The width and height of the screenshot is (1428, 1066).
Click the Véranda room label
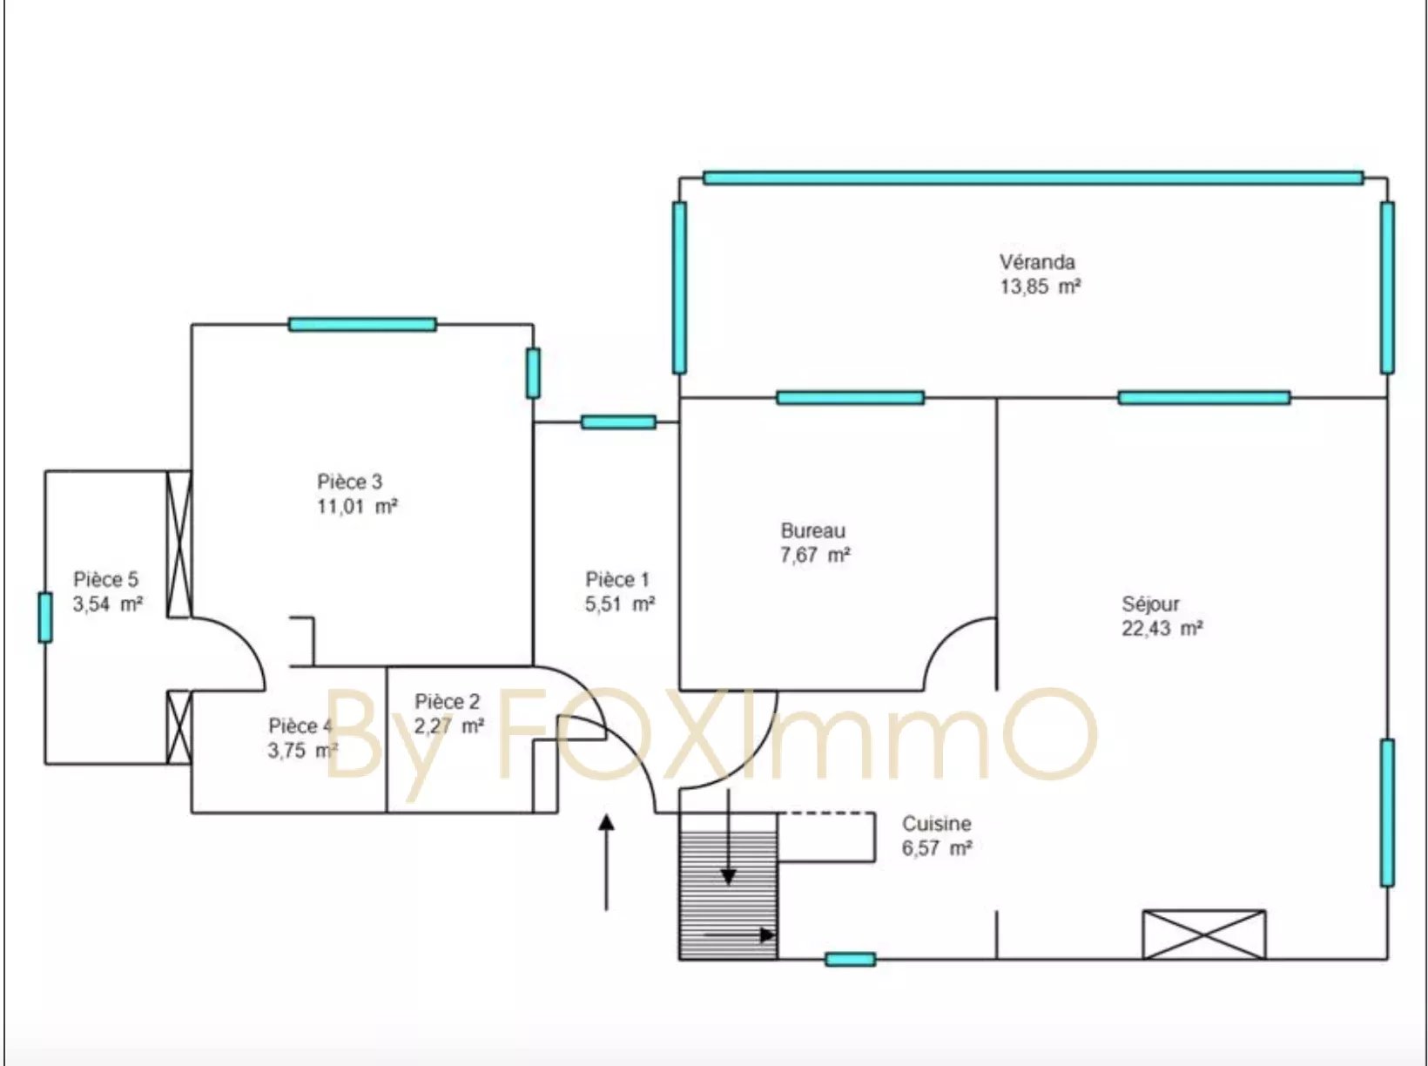click(1037, 262)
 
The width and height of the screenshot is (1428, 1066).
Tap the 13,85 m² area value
click(1041, 287)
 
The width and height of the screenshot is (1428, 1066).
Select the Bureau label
click(812, 530)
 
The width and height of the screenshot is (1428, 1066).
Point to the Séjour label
click(1150, 604)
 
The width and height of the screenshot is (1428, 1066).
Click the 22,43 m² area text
click(1162, 628)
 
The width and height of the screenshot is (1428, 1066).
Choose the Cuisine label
click(936, 824)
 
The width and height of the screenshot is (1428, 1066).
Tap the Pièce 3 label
click(349, 482)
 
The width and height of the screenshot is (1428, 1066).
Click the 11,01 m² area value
click(357, 506)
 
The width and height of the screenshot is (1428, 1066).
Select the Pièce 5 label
click(105, 579)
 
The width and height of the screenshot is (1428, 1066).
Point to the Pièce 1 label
click(617, 579)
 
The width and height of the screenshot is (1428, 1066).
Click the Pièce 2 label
click(447, 702)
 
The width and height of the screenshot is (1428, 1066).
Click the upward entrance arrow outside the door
click(606, 862)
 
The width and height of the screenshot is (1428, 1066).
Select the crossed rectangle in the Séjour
click(1204, 934)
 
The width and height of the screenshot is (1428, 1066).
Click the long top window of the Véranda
click(1033, 178)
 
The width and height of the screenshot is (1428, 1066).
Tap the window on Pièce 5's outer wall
click(45, 617)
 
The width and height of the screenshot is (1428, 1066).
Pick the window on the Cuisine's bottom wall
click(851, 959)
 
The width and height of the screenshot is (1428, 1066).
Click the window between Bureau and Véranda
click(851, 397)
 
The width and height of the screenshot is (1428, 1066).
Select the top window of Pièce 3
click(362, 324)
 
